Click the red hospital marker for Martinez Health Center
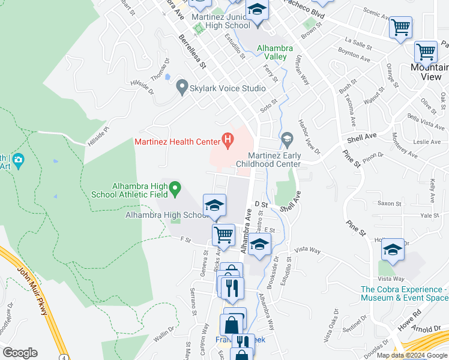click(x=228, y=142)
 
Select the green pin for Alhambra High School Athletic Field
click(x=175, y=189)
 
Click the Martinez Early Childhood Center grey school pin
click(x=287, y=141)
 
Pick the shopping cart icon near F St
click(x=224, y=235)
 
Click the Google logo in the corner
click(x=20, y=353)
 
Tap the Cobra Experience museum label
click(x=404, y=293)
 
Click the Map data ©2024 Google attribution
click(x=412, y=355)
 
